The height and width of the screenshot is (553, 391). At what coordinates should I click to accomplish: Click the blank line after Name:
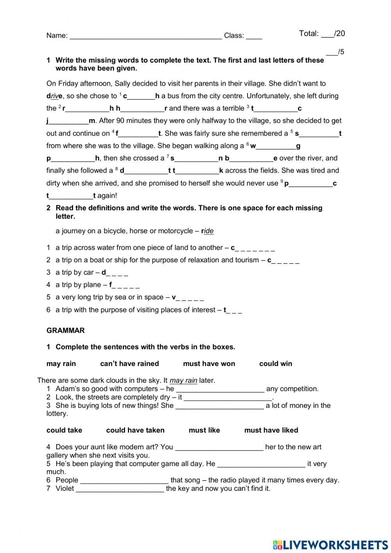click(145, 36)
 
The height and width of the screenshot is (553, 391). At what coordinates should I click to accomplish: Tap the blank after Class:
click(254, 36)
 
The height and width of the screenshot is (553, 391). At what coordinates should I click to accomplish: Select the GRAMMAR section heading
click(65, 330)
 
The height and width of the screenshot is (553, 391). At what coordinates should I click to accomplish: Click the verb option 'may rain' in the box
click(61, 364)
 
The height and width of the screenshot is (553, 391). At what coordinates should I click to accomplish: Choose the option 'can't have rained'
click(129, 364)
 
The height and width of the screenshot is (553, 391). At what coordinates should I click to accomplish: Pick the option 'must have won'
click(209, 364)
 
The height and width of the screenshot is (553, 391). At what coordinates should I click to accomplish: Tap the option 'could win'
click(275, 364)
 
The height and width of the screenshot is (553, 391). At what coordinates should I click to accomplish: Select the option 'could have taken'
click(135, 430)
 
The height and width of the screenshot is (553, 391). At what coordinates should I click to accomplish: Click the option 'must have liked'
click(271, 430)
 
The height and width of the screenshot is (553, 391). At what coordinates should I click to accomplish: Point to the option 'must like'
click(204, 430)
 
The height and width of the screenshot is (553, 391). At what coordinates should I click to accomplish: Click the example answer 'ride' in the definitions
click(208, 231)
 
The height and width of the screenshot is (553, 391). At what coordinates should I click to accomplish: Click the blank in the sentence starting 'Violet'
click(120, 489)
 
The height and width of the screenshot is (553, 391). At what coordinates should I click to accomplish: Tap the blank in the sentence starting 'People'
click(124, 481)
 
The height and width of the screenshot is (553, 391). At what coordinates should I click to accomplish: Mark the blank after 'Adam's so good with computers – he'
click(220, 389)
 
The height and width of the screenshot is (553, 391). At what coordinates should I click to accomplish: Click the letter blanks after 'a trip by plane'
click(126, 285)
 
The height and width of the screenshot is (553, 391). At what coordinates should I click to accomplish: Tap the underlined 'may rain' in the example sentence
click(183, 380)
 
